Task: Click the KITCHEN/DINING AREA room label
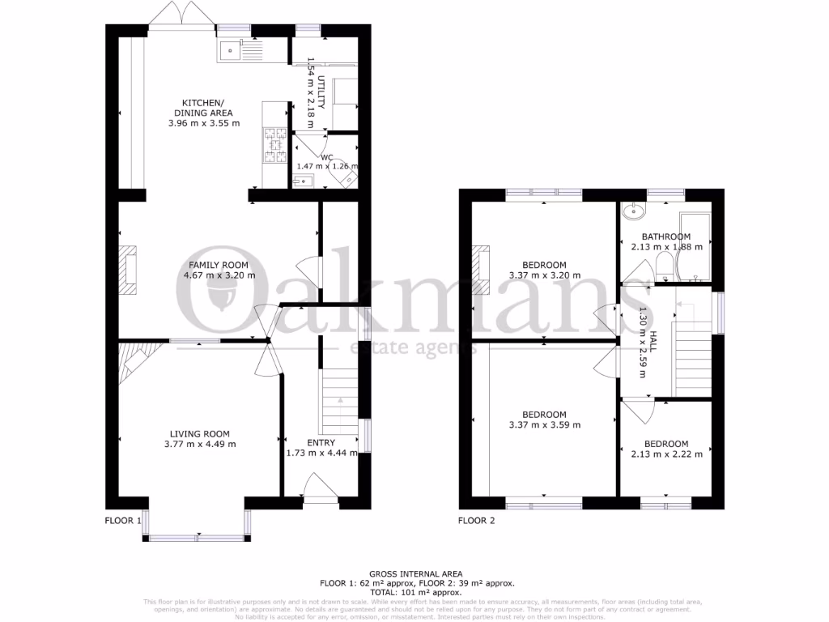tap(203, 108)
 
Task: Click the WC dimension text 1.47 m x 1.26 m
tap(327, 166)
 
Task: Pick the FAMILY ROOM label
tap(218, 265)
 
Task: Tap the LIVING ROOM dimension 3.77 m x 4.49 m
tap(199, 444)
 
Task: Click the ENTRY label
tap(321, 443)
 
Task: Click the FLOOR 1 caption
tap(123, 521)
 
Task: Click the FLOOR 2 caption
tap(476, 521)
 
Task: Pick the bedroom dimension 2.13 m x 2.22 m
tap(665, 454)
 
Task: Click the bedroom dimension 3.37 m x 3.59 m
tap(544, 425)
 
